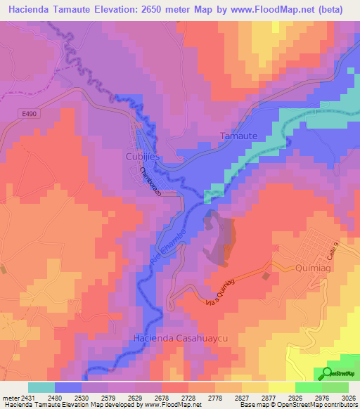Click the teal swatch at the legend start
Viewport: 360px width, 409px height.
coord(41,387)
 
